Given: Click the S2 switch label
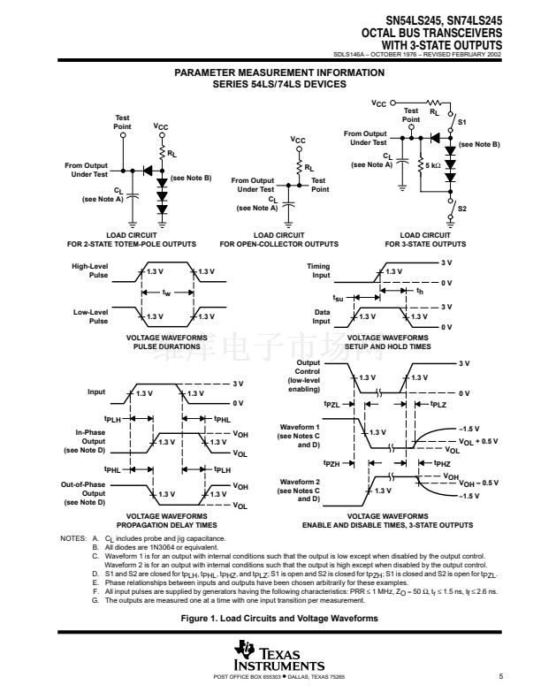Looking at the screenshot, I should [x=461, y=208].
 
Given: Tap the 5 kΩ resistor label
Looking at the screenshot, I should [x=433, y=165].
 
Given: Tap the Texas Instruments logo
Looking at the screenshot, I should [x=270, y=658].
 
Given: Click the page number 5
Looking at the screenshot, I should [x=499, y=677].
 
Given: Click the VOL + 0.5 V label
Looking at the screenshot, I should [x=477, y=439].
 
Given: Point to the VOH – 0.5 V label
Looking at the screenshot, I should [x=477, y=483].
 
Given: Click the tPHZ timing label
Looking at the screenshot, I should [x=441, y=463].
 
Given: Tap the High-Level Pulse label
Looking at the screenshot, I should [x=90, y=270].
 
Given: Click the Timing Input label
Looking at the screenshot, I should [x=318, y=270].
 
